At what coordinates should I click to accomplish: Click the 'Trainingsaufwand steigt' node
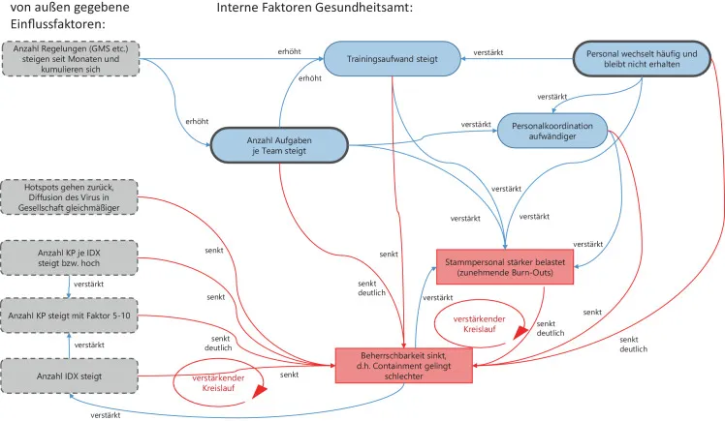point(393,59)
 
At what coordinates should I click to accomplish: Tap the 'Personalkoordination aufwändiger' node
point(552,133)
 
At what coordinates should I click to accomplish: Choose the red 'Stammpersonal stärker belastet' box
point(504,267)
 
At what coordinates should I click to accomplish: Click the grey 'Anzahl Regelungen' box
point(71,58)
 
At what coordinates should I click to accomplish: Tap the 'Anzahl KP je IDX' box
point(71,259)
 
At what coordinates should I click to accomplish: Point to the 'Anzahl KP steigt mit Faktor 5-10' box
point(71,316)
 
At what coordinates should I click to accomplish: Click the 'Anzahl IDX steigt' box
point(71,376)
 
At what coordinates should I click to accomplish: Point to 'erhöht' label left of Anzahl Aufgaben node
point(197,122)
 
